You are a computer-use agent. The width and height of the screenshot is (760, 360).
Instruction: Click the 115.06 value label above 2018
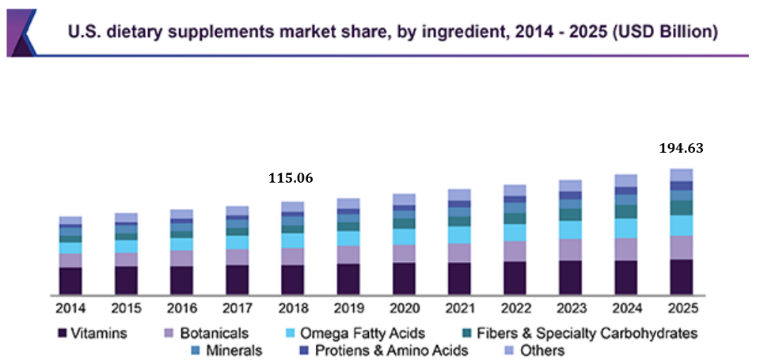click(x=291, y=179)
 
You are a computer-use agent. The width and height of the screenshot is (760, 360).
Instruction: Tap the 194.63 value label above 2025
click(x=681, y=148)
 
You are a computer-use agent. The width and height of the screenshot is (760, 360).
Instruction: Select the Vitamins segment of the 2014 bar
click(x=70, y=281)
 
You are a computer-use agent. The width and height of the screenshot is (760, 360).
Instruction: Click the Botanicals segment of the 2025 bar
click(x=681, y=248)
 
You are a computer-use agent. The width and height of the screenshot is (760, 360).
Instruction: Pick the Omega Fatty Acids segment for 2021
click(x=459, y=235)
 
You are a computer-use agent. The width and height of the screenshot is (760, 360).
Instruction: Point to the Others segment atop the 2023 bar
click(x=570, y=186)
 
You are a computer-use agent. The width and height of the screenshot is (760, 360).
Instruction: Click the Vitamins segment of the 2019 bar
click(x=348, y=279)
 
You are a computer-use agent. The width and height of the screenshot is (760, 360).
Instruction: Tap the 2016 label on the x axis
click(x=181, y=307)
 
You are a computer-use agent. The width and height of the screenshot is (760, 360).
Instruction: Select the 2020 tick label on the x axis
click(x=403, y=307)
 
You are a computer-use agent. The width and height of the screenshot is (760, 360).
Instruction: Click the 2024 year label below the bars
click(x=625, y=307)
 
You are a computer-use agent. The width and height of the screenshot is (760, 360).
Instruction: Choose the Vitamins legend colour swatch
click(x=62, y=333)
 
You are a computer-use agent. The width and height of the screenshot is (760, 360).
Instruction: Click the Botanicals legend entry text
click(x=214, y=333)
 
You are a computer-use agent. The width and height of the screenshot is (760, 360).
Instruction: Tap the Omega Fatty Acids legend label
click(x=373, y=333)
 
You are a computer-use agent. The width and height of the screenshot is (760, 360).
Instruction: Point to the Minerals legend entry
click(x=234, y=350)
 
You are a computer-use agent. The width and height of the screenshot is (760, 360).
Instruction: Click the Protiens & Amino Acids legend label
click(x=391, y=350)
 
